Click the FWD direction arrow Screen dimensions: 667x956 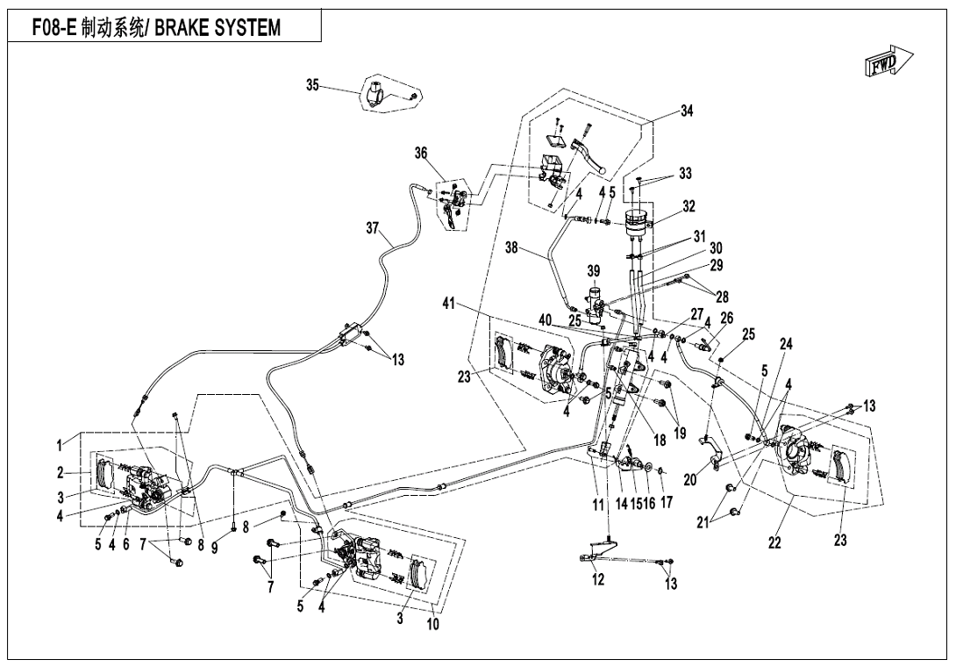(888, 63)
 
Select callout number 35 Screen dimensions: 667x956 (312, 84)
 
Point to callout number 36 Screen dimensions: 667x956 (421, 153)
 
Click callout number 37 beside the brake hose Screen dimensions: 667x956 (373, 229)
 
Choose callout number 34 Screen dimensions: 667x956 (687, 111)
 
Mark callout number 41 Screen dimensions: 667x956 (449, 304)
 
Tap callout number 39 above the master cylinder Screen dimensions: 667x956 (594, 269)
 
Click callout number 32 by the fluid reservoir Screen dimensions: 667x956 (689, 207)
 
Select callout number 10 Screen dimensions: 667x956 (433, 625)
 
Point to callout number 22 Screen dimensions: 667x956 (774, 543)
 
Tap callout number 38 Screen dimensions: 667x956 (511, 247)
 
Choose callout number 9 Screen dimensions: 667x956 (214, 545)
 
